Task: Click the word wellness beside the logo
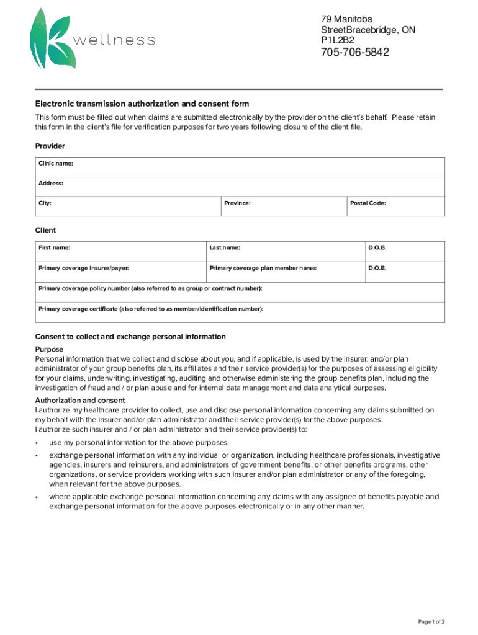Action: click(x=114, y=41)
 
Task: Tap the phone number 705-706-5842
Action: click(x=354, y=53)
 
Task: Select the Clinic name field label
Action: click(x=56, y=164)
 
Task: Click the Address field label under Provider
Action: click(x=51, y=184)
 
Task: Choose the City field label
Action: click(x=45, y=203)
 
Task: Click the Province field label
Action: click(x=237, y=203)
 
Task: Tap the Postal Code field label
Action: click(x=368, y=203)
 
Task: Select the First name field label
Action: click(x=54, y=248)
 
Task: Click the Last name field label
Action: click(x=225, y=248)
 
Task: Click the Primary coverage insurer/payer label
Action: click(x=84, y=269)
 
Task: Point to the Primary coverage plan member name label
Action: click(x=263, y=269)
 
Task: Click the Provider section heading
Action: click(x=50, y=146)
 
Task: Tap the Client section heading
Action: click(x=45, y=230)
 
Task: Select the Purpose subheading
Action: click(x=49, y=349)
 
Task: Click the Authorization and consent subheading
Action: click(x=80, y=401)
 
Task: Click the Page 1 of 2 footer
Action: click(x=431, y=622)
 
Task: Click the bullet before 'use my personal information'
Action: click(x=38, y=443)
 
